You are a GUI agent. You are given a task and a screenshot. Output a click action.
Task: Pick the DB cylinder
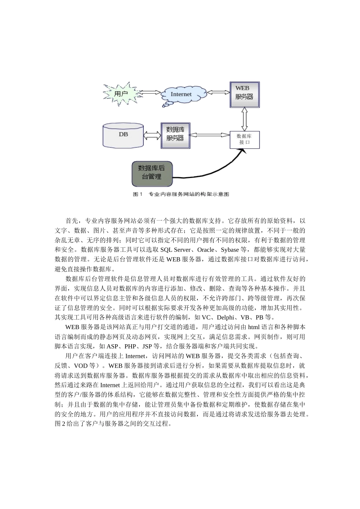coord(123,135)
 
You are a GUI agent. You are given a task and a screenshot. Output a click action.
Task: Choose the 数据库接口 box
coord(245,139)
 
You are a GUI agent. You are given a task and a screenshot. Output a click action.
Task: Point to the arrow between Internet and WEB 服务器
coord(219,92)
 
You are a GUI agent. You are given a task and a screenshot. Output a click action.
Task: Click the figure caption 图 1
coord(137,194)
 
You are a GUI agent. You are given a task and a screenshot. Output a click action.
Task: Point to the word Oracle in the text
coord(206,250)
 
